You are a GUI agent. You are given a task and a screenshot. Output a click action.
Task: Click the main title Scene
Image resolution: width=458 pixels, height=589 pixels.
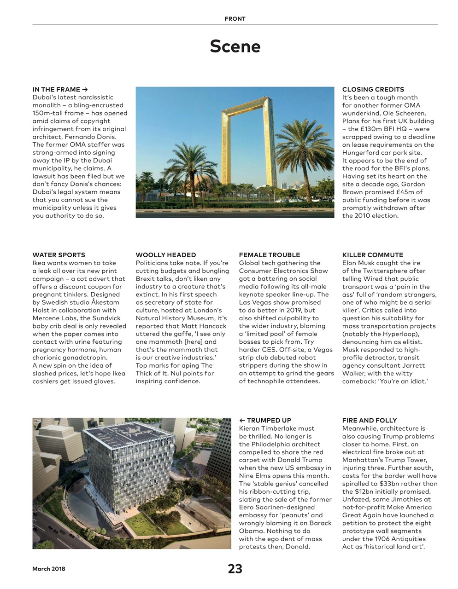(235, 46)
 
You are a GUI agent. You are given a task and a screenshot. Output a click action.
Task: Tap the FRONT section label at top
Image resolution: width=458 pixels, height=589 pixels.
(235, 19)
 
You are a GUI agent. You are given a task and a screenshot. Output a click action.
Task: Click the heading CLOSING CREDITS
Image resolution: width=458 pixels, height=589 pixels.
(373, 89)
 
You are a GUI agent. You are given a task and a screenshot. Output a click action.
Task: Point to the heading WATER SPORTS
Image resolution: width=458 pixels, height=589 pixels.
(59, 255)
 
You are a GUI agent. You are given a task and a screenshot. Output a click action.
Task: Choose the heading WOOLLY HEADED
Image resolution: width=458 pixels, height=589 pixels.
(165, 255)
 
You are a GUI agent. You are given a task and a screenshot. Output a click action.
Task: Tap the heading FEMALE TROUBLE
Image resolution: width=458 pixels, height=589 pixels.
(269, 255)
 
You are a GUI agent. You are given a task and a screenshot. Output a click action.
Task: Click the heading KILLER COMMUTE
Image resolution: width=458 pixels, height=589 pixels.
(372, 255)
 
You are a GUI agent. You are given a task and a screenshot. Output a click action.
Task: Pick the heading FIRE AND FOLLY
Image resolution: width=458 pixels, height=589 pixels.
(369, 420)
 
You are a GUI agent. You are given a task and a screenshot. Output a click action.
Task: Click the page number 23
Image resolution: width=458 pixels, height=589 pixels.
(235, 569)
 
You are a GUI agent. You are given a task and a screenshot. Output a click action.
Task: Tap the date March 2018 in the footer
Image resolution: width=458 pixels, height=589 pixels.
(48, 569)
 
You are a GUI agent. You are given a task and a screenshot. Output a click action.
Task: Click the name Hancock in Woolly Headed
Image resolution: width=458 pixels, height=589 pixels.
(212, 326)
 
